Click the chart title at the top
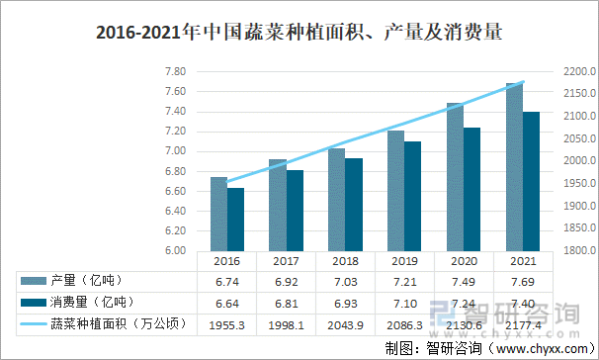tap(299, 32)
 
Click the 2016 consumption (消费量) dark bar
tap(235, 219)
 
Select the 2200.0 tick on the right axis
tap(577, 72)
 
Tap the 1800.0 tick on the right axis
tap(577, 250)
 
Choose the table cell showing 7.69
tap(523, 282)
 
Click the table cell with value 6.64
tap(226, 303)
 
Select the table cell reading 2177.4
tap(523, 324)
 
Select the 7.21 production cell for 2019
tap(404, 282)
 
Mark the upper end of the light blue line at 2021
tap(523, 82)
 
